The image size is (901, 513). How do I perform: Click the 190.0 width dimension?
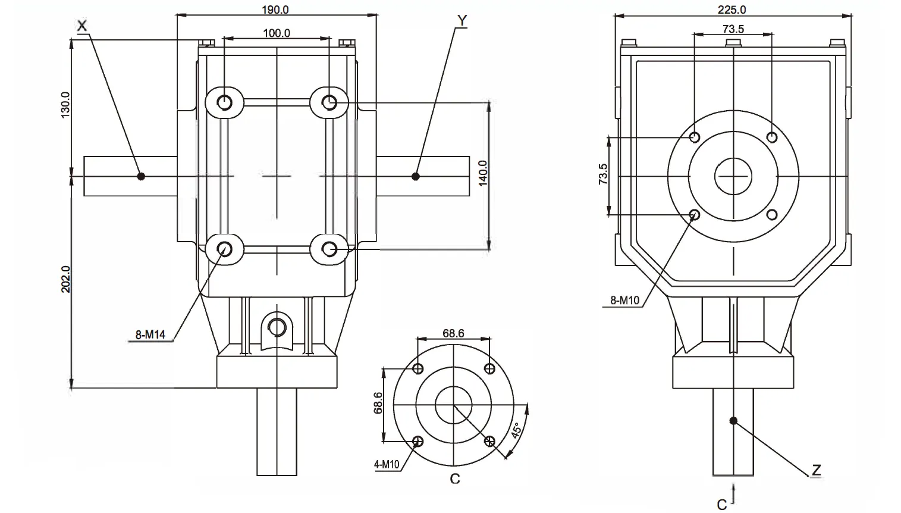[x=276, y=10]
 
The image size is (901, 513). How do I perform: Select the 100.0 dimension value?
[x=277, y=33]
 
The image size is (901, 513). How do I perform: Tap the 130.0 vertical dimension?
[x=65, y=105]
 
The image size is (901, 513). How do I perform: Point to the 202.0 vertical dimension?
[x=65, y=279]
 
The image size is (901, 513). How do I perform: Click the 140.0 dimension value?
[x=482, y=173]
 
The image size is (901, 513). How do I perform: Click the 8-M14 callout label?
[x=150, y=335]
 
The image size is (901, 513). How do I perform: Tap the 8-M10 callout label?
[x=624, y=301]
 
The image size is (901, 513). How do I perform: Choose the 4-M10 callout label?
[x=387, y=464]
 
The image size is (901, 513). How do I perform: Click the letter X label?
[x=82, y=25]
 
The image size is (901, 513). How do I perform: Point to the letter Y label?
[x=462, y=20]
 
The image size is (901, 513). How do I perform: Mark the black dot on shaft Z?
[x=733, y=421]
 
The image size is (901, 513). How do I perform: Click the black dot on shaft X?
[x=141, y=176]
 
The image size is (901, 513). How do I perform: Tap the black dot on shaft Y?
[x=416, y=176]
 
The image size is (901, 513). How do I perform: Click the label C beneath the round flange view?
[x=454, y=479]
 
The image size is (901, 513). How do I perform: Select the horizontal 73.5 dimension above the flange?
[x=733, y=29]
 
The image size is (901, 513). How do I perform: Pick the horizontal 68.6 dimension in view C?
[x=453, y=333]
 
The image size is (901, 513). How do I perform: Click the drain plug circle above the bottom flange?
[x=277, y=326]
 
